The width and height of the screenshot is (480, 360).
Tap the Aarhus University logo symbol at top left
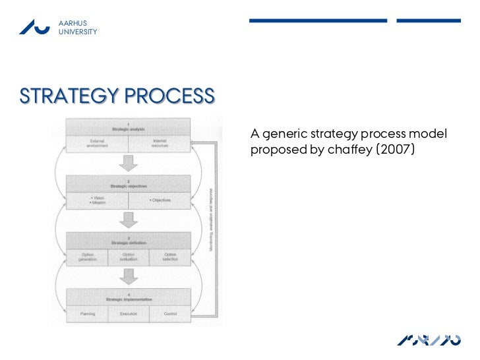34,26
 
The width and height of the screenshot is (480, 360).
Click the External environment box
97,142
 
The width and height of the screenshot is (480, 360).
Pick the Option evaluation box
129,256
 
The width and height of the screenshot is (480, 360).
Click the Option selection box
170,256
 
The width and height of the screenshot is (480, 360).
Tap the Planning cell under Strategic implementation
87,314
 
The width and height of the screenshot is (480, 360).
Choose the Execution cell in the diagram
129,314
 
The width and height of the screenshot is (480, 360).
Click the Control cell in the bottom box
170,314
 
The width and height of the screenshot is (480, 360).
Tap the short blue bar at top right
428,20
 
